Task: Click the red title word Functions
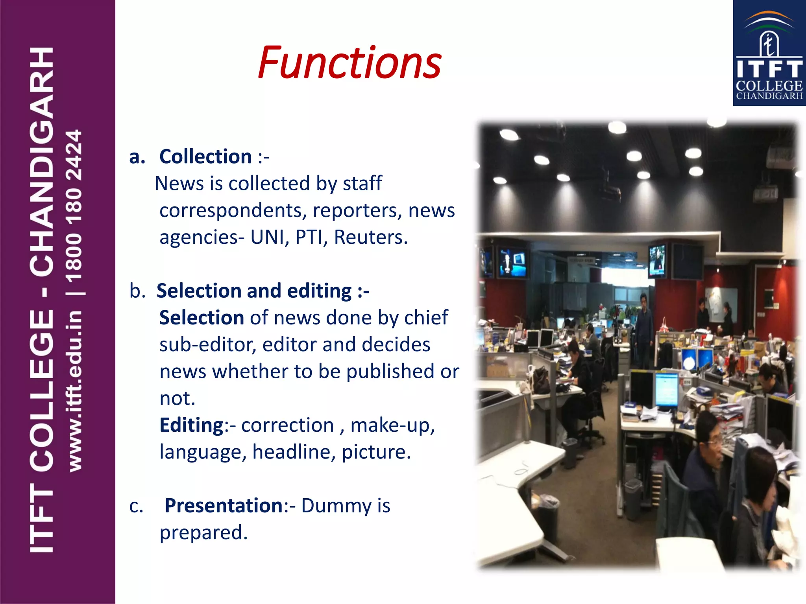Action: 349,63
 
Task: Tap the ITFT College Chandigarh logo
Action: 769,53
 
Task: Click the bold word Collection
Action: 205,157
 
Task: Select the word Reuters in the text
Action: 370,237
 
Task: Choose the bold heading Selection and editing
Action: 263,291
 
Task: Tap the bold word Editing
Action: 192,425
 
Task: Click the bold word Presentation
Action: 224,506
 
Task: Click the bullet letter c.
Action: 136,506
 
